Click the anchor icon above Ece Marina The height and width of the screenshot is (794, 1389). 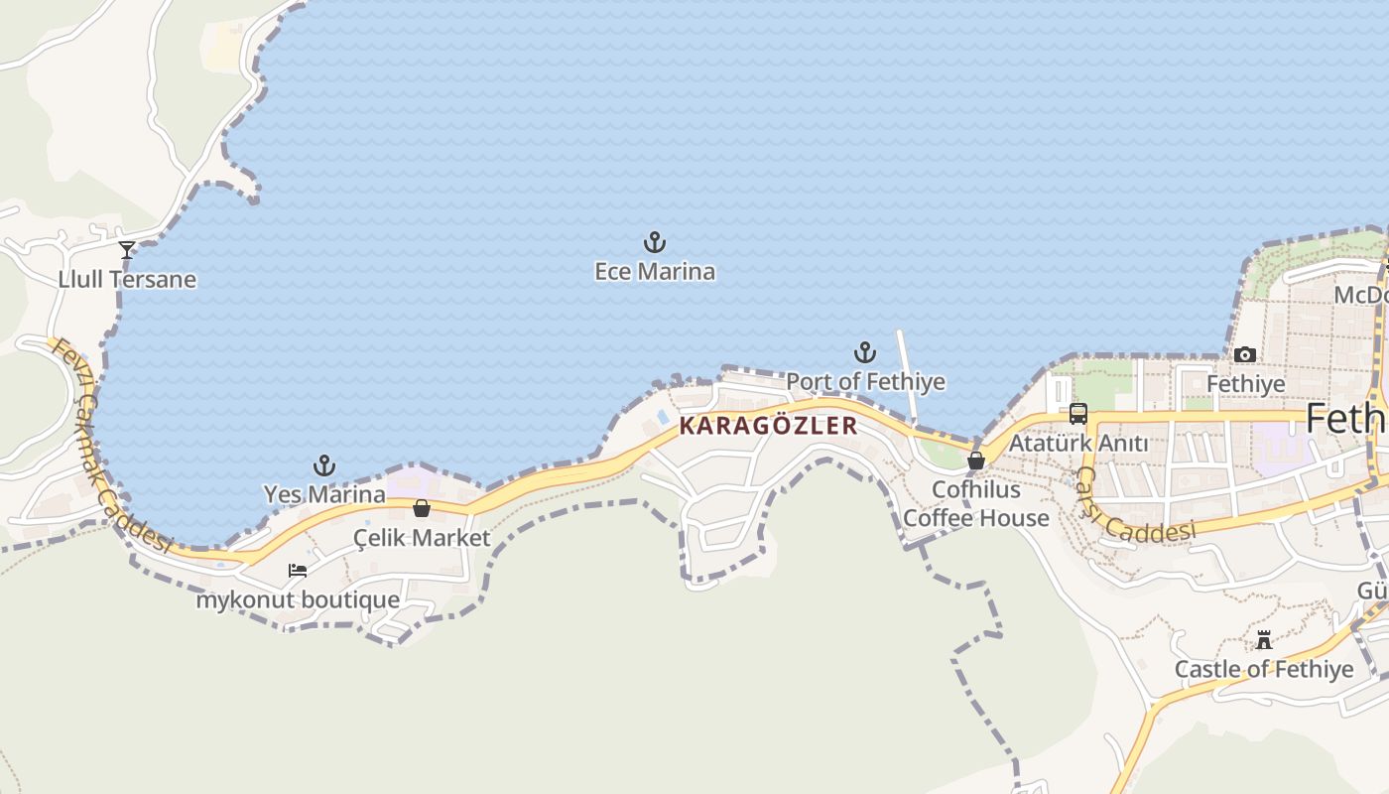point(655,242)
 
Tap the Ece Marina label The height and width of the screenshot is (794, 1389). point(655,271)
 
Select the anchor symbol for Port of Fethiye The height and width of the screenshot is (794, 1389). point(865,352)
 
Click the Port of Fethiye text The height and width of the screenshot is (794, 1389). point(865,381)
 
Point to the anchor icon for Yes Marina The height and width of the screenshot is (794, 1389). point(324,464)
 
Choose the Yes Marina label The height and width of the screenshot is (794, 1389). point(324,493)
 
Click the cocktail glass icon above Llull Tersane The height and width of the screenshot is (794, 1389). point(127,250)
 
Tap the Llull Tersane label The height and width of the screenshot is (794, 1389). point(127,279)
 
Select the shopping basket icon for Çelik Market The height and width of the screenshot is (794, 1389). point(422,508)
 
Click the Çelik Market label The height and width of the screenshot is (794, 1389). point(422,538)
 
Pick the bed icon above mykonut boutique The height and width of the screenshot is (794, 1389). point(298,571)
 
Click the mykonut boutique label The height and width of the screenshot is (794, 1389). point(298,600)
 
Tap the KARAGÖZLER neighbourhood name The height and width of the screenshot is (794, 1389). point(768,426)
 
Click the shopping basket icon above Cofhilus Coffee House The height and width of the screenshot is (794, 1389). point(976,460)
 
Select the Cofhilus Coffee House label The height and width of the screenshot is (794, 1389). point(976,503)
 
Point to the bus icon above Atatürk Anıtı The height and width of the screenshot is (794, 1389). point(1078,414)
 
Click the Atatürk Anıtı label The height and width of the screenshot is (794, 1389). point(1078,443)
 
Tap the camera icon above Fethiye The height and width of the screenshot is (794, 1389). point(1245,354)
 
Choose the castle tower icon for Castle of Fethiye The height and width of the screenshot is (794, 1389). point(1264,640)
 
